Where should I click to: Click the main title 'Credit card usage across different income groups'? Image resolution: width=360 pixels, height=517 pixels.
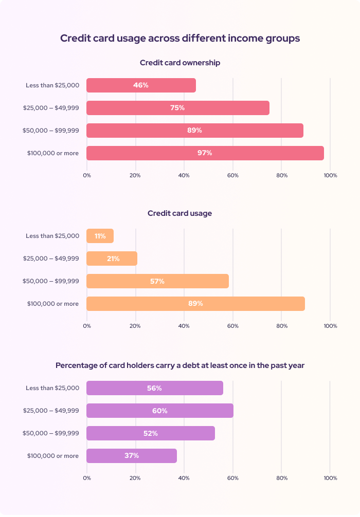[180, 39]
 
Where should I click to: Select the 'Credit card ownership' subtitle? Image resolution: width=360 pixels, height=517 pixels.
[180, 63]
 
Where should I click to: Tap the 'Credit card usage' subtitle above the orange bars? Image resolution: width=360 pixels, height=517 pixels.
[180, 213]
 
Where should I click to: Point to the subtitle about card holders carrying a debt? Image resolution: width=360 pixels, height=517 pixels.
[180, 365]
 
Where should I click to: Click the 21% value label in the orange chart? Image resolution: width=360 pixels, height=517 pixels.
[113, 259]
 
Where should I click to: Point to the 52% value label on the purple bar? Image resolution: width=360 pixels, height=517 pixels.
[151, 433]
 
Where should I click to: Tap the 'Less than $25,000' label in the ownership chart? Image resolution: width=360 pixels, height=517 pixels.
[52, 85]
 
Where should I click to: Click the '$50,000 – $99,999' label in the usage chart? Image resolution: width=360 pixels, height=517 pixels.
[51, 281]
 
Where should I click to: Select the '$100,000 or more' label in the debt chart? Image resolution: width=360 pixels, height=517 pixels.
[53, 456]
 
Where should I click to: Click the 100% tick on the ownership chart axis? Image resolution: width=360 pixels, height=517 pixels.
[330, 176]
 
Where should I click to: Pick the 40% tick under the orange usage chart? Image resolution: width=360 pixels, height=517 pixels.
[184, 326]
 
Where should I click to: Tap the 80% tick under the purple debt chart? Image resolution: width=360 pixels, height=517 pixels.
[281, 478]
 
